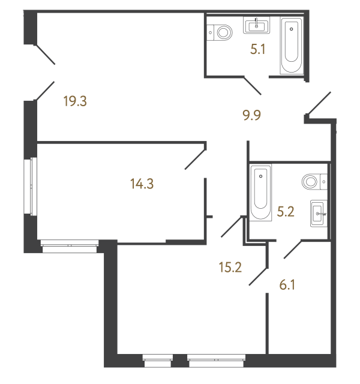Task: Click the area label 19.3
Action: (x=76, y=101)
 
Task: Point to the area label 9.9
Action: (x=252, y=114)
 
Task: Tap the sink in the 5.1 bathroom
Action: (x=257, y=25)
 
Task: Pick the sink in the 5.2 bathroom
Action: (x=318, y=212)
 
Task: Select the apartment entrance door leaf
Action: (x=319, y=102)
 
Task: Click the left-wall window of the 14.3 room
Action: (x=29, y=186)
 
